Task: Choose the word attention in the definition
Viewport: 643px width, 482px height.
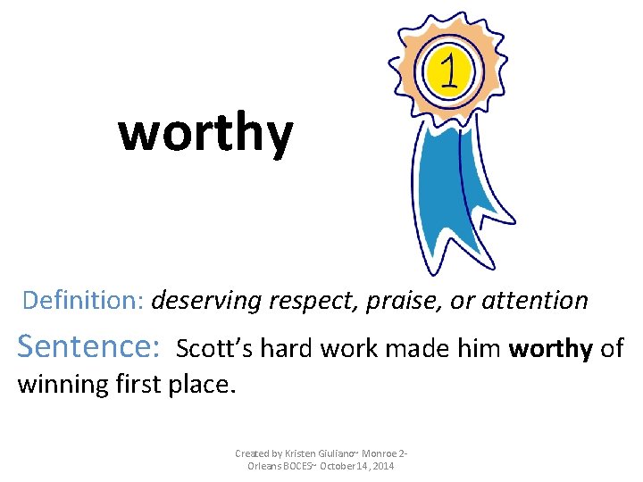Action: click(535, 301)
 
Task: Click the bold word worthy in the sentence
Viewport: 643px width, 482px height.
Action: click(550, 348)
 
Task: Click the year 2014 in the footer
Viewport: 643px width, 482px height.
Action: click(382, 467)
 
